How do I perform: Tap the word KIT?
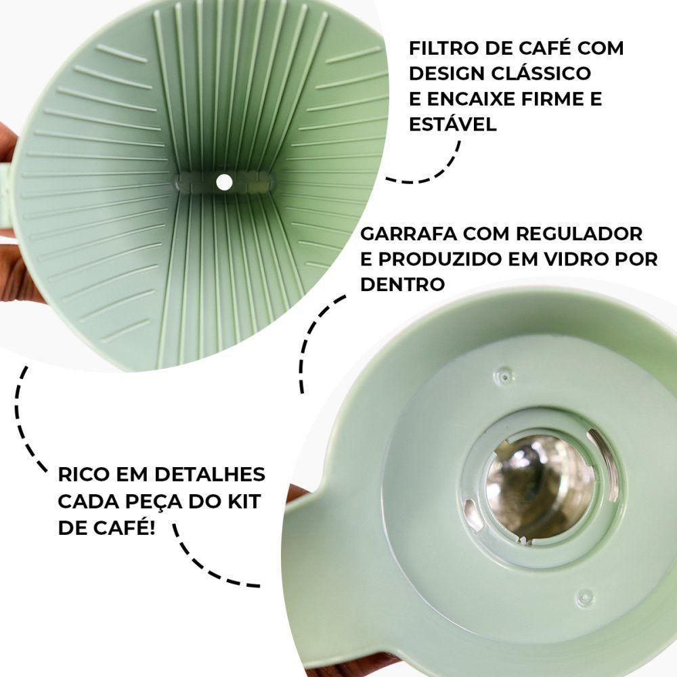[241, 501]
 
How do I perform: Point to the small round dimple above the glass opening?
[504, 373]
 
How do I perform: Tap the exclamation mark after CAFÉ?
[151, 527]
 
